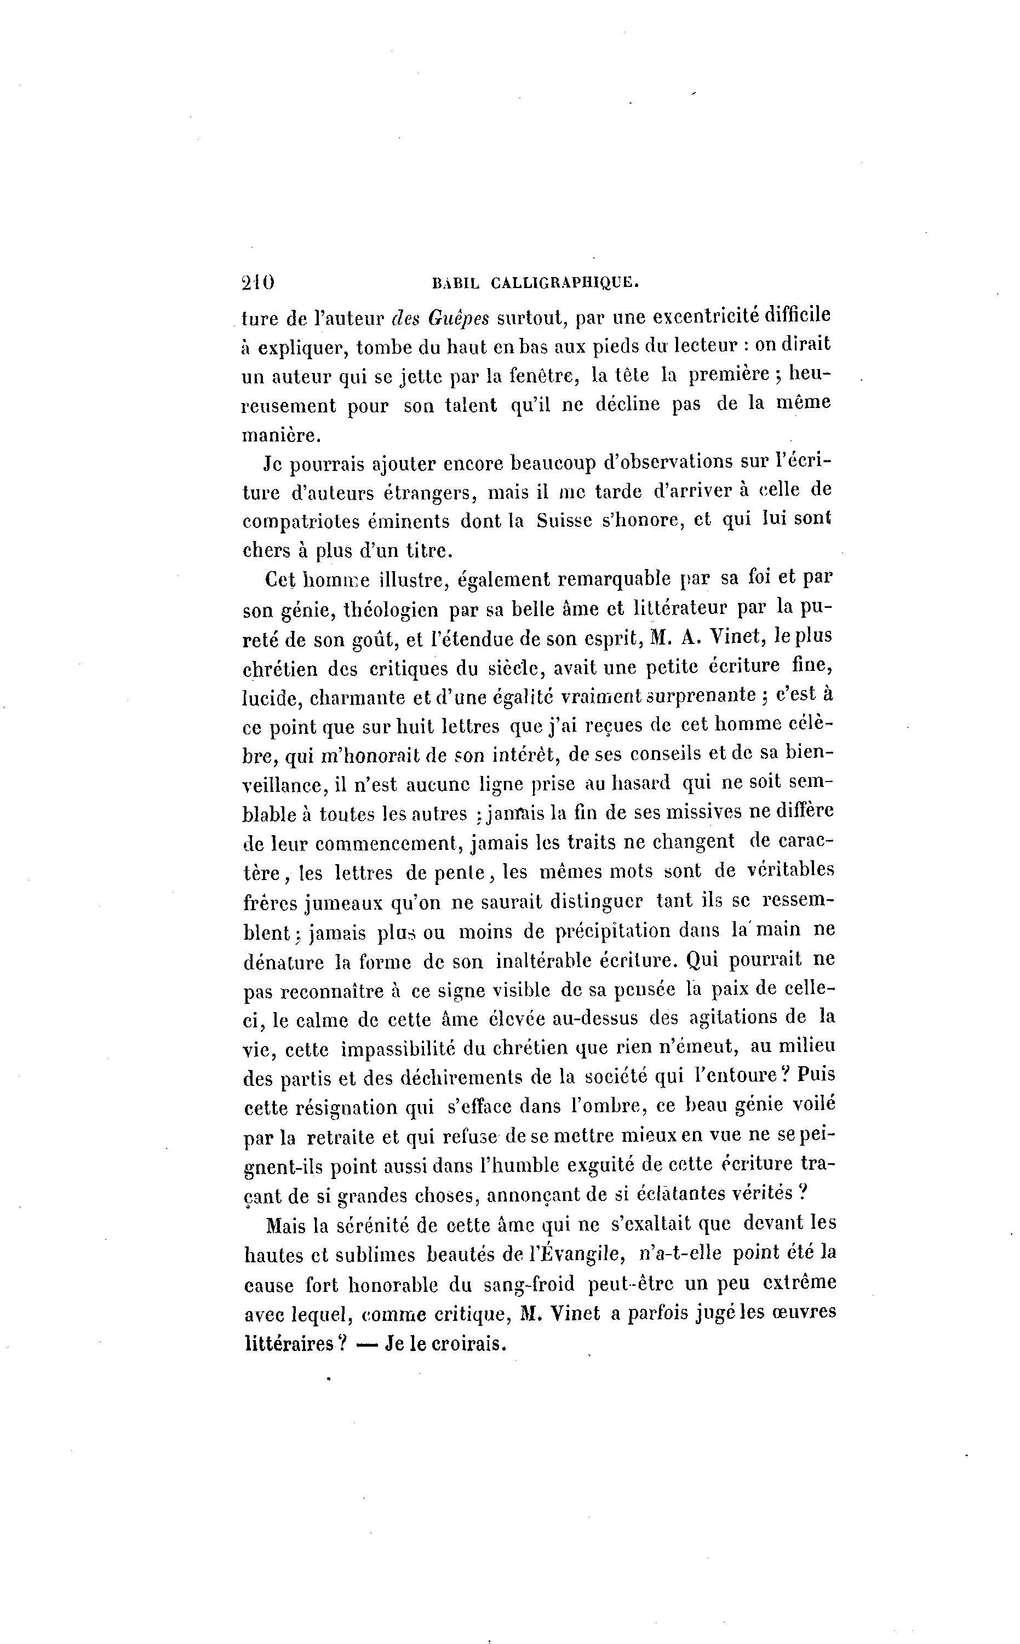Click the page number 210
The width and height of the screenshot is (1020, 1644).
point(257,282)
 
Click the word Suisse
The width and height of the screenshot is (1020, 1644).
point(564,521)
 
